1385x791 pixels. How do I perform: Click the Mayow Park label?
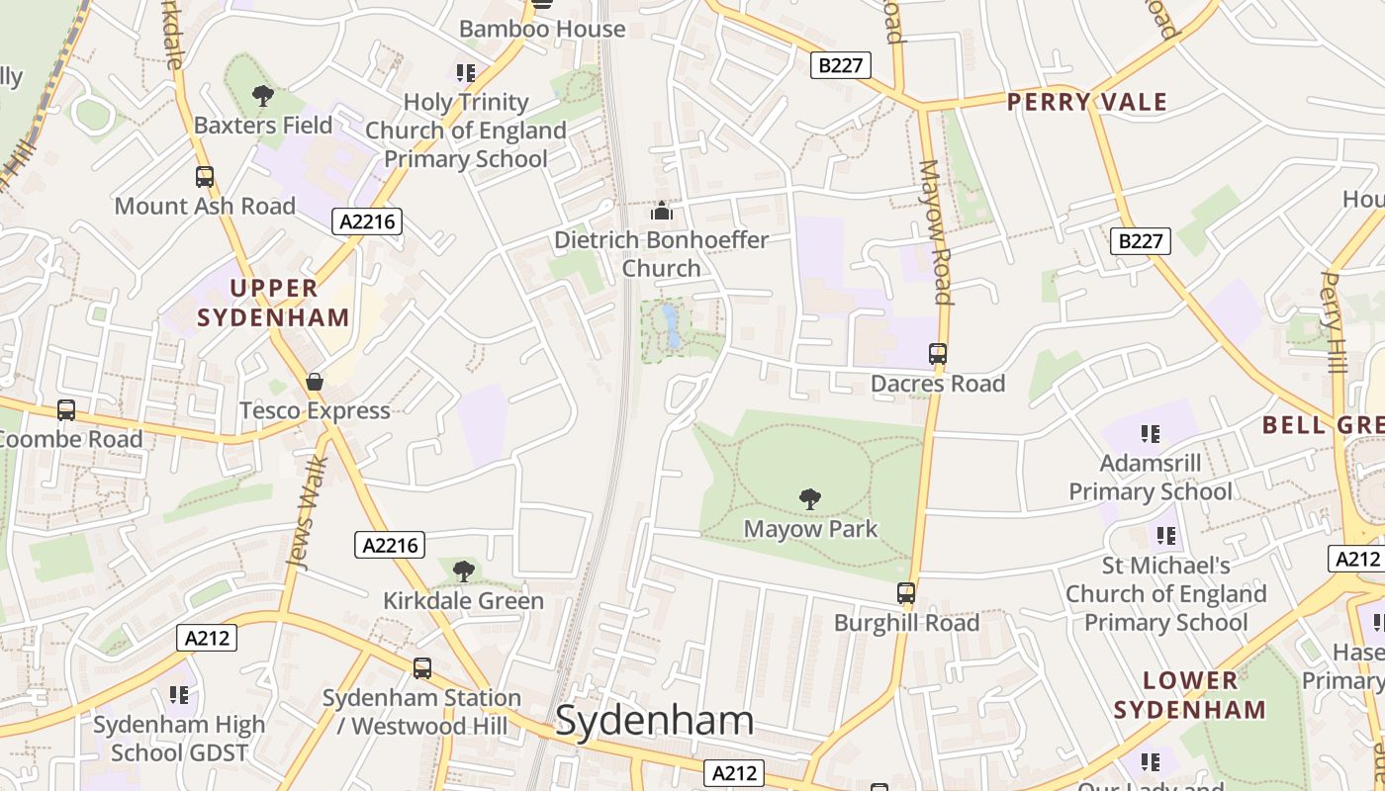pos(810,529)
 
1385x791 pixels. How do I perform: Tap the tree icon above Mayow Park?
pos(810,499)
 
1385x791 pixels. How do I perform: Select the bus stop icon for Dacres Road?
pos(937,353)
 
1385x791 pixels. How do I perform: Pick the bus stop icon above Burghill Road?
pos(906,593)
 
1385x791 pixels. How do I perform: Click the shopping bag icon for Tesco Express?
pos(315,382)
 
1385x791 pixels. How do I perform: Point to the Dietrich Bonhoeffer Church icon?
pos(661,211)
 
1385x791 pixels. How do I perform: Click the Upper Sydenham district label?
pos(273,303)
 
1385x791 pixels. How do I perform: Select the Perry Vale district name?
pos(1087,102)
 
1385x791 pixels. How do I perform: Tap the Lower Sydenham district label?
pos(1190,695)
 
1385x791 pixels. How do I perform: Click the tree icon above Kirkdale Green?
pos(463,571)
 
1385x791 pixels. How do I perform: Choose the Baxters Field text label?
pos(263,126)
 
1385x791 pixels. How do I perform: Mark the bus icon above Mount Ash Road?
pos(205,177)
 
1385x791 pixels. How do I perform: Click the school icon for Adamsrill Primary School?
pos(1150,434)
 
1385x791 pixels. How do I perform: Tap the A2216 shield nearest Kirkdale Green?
pos(390,545)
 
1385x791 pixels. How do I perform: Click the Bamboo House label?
pos(542,29)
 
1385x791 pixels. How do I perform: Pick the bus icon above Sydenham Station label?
pos(422,667)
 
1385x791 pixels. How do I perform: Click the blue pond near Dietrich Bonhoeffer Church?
pos(672,327)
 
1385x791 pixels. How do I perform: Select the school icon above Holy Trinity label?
pos(466,72)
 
